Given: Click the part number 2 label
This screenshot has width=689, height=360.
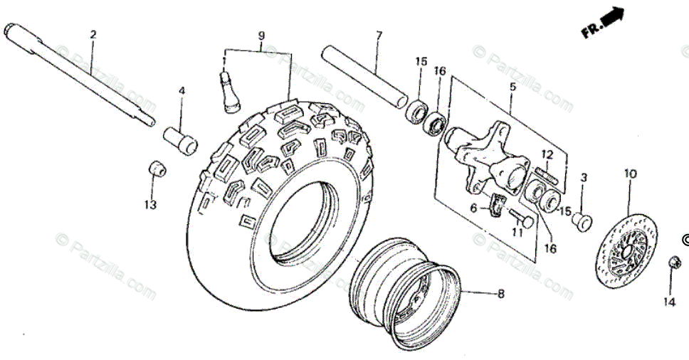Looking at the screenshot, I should pyautogui.click(x=93, y=34).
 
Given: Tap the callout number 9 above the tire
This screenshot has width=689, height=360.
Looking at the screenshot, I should pyautogui.click(x=261, y=35).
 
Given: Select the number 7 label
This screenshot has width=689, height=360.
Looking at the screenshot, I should pyautogui.click(x=379, y=35).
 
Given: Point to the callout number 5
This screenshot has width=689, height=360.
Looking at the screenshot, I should pyautogui.click(x=512, y=87).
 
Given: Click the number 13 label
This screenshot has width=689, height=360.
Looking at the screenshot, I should pyautogui.click(x=149, y=205).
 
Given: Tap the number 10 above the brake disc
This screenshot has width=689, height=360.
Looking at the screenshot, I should pyautogui.click(x=631, y=174).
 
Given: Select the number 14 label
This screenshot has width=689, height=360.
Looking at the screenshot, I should pyautogui.click(x=668, y=302).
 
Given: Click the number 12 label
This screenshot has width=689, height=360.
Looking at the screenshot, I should pyautogui.click(x=547, y=154).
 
